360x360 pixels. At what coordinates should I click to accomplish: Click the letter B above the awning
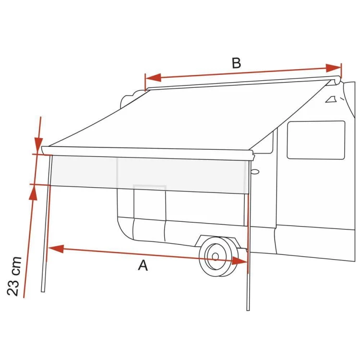(x=236, y=63)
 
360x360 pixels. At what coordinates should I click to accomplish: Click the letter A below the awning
(x=143, y=265)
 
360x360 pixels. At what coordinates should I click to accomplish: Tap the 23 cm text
(x=14, y=276)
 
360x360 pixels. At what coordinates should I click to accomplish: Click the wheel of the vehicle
(x=218, y=256)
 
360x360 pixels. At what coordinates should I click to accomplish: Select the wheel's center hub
(x=215, y=256)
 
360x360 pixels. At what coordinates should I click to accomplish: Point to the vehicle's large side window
(x=316, y=140)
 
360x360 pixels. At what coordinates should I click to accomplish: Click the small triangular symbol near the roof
(x=331, y=99)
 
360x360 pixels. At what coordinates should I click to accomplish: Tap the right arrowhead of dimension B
(x=334, y=68)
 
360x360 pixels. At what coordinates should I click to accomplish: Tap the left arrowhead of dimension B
(x=153, y=78)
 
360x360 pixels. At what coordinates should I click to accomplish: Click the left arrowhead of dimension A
(x=56, y=249)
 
